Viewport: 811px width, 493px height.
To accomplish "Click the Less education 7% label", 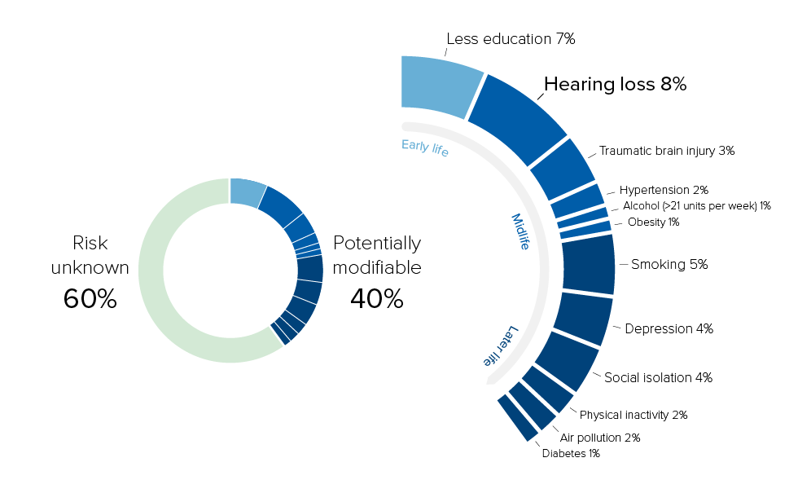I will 511,39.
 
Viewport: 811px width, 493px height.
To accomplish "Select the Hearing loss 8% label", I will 615,84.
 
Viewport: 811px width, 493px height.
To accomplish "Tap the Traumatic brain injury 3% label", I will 667,151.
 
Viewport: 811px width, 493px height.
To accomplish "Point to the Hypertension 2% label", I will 664,190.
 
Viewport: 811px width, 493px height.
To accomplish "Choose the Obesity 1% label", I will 652,222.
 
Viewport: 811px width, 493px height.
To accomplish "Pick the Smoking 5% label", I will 669,264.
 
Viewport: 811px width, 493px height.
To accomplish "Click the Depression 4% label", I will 669,329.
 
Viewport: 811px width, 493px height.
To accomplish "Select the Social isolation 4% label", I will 658,377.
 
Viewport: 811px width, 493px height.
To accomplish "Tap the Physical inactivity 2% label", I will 633,415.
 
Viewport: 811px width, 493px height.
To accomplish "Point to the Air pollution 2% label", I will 600,438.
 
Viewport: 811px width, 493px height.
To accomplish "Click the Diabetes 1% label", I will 571,453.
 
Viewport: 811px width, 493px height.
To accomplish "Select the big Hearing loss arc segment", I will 516,117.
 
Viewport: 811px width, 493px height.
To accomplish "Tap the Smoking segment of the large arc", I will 588,263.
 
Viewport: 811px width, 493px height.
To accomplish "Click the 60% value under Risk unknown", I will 90,299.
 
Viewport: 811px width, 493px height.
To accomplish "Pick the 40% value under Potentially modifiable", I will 377,299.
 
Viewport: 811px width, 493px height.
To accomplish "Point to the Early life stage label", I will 425,147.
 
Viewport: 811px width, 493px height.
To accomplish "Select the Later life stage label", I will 499,346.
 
